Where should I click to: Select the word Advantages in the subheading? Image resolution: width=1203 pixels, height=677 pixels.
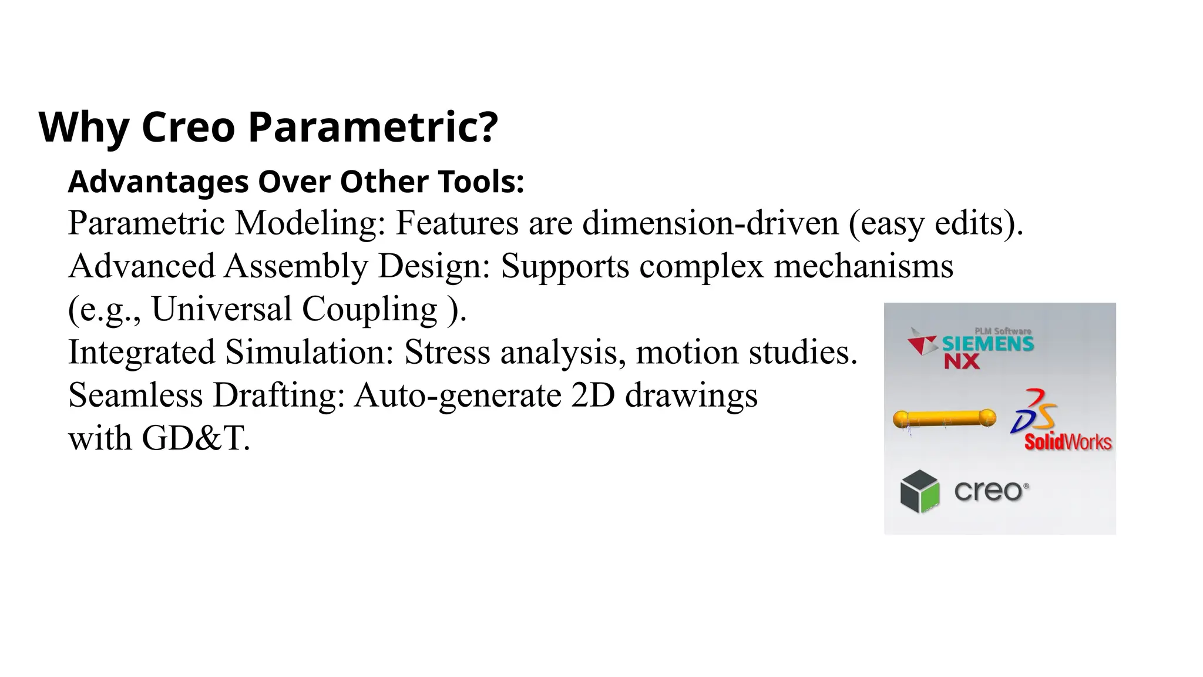pos(158,182)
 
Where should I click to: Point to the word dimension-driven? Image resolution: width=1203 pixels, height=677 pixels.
pos(710,223)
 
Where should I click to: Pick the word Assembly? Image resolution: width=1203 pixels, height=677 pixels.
pos(295,266)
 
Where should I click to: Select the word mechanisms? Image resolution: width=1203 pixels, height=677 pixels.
pos(863,266)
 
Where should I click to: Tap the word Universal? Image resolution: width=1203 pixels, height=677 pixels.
pos(221,309)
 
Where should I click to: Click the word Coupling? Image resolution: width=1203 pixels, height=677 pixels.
pos(369,310)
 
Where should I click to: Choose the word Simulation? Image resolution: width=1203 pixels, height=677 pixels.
pos(310,353)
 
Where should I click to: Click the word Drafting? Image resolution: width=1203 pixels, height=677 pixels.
pos(278,395)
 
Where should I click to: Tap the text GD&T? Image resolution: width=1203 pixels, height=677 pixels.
pos(196,438)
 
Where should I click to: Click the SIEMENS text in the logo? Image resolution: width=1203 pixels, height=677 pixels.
pos(987,344)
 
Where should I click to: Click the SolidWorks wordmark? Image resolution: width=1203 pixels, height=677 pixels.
pos(1067,442)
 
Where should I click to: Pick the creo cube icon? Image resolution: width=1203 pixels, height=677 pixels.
pos(919,491)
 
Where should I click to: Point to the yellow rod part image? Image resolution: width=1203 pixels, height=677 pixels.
pos(944,418)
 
